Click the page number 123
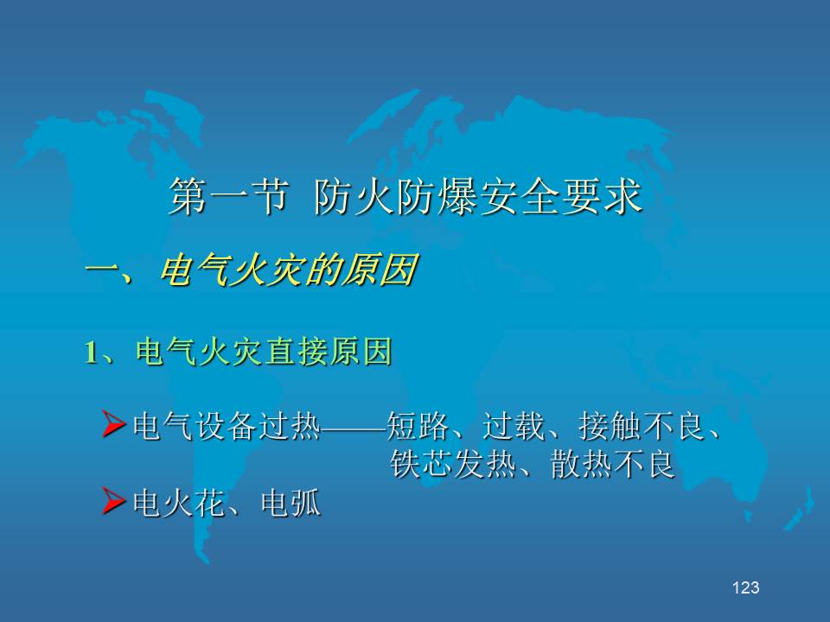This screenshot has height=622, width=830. (x=746, y=587)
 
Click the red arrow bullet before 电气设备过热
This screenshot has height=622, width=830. (x=113, y=425)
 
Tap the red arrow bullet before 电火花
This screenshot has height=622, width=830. (x=113, y=501)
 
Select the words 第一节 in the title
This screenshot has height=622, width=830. (x=228, y=196)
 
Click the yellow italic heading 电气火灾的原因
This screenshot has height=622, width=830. (x=288, y=270)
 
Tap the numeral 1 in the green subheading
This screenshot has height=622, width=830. (x=91, y=352)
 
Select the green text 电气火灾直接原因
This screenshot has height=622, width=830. (x=263, y=352)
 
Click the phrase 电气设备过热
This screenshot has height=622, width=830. (x=227, y=426)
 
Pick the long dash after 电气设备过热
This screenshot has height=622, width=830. (x=354, y=426)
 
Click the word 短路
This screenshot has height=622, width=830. (x=418, y=426)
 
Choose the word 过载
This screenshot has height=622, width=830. (x=514, y=426)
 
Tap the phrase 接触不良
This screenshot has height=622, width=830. (x=641, y=426)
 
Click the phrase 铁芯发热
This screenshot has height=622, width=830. (x=452, y=465)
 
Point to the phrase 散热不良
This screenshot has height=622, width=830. (x=612, y=465)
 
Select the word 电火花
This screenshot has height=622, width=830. (x=178, y=503)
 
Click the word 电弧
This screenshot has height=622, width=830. (x=290, y=503)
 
